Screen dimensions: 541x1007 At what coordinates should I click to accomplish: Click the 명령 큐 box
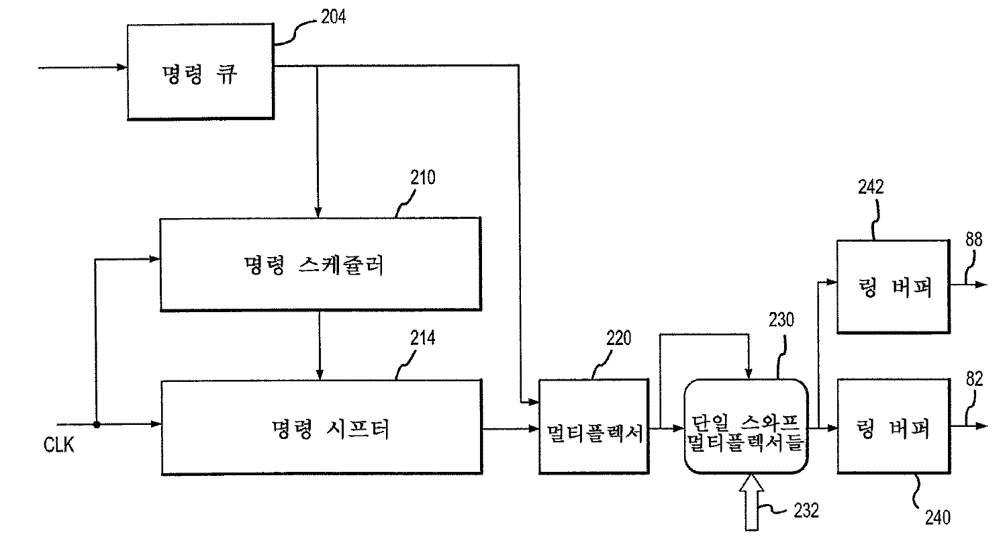click(200, 72)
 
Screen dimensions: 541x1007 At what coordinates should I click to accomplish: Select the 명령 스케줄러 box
click(320, 264)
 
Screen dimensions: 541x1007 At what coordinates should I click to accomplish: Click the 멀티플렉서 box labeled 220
click(593, 428)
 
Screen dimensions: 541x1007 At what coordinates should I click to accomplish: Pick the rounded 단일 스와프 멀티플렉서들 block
click(745, 428)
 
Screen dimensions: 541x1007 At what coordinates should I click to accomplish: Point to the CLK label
click(59, 445)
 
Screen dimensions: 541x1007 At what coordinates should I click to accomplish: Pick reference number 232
click(806, 511)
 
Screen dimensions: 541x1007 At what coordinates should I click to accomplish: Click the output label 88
click(974, 240)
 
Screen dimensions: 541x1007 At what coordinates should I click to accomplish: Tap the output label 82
click(974, 380)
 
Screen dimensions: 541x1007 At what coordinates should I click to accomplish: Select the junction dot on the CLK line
click(97, 424)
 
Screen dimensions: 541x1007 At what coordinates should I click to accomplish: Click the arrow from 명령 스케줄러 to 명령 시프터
click(320, 345)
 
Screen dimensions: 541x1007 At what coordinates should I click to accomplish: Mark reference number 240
click(938, 517)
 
